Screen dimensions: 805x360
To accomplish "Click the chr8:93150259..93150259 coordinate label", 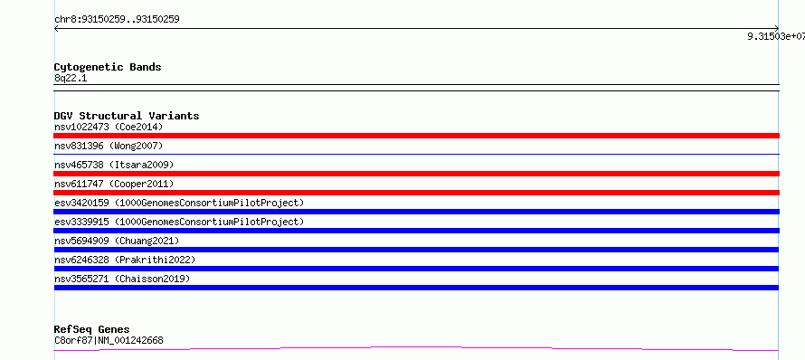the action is coord(117,20).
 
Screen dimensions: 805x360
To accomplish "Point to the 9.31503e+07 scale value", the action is coord(776,36).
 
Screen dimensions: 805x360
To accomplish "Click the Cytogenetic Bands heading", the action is coord(108,67).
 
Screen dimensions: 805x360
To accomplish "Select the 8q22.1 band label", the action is coord(71,79).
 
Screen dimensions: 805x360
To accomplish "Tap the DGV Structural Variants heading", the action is coord(127,116).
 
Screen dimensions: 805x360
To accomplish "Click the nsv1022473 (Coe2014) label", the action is coord(109,127).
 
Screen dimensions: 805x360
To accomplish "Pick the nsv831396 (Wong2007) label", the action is coord(109,146).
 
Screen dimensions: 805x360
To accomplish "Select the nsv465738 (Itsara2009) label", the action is coord(114,165).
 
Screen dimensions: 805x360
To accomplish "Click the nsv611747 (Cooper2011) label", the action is coord(114,184).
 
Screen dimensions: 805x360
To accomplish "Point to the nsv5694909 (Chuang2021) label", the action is coord(117,241).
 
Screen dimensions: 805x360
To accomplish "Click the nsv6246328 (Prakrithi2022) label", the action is coord(125,260).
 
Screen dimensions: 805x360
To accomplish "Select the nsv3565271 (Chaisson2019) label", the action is coord(122,279).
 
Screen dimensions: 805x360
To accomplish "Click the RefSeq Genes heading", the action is coord(92,329).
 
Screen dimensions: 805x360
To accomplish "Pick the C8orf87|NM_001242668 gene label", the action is coord(109,340).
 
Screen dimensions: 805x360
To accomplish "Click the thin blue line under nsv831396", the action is coord(416,154).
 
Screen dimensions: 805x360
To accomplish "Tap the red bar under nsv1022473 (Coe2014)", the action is coord(416,136).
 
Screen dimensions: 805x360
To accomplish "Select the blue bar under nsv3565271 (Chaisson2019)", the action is coord(416,288).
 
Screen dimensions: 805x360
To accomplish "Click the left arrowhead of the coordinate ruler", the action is coord(55,29).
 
